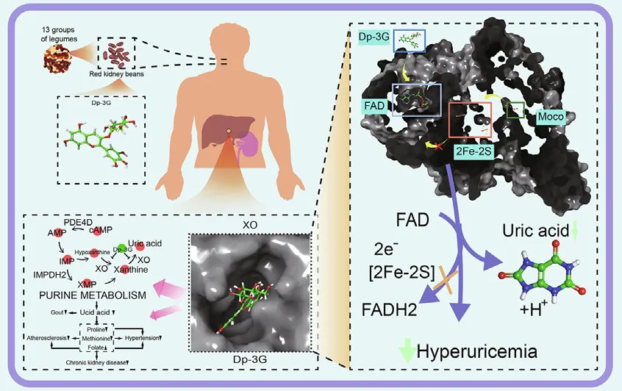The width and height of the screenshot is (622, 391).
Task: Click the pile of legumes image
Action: (x=56, y=57)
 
